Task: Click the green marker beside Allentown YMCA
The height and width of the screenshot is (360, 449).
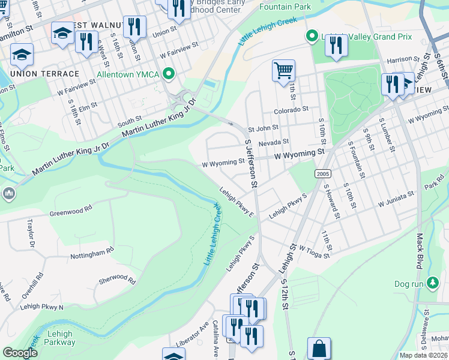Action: pyautogui.click(x=169, y=74)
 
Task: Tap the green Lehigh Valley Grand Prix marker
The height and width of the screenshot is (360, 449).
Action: pyautogui.click(x=311, y=37)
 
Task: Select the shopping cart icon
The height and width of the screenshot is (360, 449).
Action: pyautogui.click(x=283, y=70)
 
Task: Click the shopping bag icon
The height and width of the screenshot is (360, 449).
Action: pyautogui.click(x=319, y=348)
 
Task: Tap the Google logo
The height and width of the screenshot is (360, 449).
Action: pyautogui.click(x=20, y=353)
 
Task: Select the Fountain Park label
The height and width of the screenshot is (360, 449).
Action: pyautogui.click(x=285, y=7)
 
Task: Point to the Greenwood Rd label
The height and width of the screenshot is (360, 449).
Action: pyautogui.click(x=71, y=209)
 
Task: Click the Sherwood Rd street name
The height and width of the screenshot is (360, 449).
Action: pyautogui.click(x=117, y=278)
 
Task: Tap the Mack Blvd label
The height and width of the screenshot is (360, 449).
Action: pyautogui.click(x=418, y=251)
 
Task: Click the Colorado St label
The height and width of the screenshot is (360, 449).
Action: pyautogui.click(x=291, y=110)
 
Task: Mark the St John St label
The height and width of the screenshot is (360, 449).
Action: pyautogui.click(x=264, y=127)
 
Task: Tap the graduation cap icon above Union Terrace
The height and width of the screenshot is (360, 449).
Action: pyautogui.click(x=22, y=55)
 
